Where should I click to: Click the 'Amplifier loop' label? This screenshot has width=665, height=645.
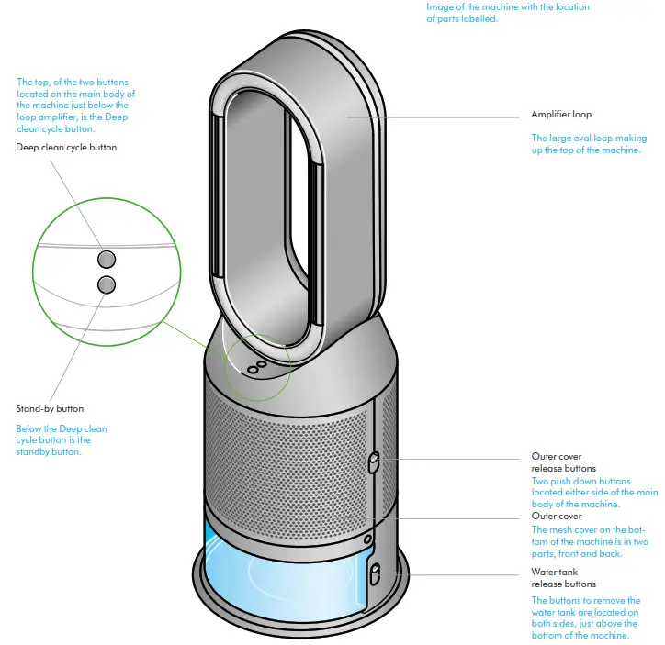560,115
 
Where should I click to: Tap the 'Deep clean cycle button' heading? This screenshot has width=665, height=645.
66,147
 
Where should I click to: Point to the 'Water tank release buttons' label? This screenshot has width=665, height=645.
563,577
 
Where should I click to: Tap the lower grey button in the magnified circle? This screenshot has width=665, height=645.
107,284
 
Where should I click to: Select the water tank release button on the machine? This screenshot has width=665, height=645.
375,575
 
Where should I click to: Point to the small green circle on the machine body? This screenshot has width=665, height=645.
257,367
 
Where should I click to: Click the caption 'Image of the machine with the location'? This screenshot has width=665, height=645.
508,7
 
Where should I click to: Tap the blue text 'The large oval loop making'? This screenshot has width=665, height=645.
589,139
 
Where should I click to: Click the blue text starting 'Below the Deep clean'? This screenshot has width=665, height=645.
62,428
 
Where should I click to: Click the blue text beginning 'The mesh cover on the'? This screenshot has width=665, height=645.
588,529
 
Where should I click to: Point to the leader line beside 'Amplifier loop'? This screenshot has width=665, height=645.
441,117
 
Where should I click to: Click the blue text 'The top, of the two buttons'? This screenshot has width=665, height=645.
75,82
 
